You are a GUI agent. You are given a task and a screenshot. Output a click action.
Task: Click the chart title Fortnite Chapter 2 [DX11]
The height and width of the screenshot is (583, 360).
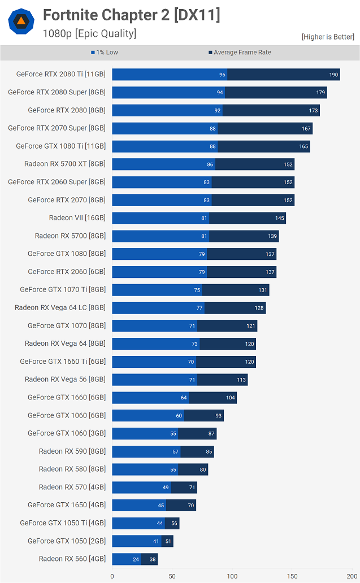point(131,16)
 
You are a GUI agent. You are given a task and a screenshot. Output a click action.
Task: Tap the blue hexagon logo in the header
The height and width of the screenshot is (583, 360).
point(21,22)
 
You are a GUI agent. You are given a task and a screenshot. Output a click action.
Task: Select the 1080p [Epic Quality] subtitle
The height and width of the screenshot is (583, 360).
point(89,33)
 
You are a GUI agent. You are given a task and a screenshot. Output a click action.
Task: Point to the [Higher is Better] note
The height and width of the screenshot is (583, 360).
point(328,37)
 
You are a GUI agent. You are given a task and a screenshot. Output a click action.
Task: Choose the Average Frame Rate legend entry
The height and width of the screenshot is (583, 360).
point(240,53)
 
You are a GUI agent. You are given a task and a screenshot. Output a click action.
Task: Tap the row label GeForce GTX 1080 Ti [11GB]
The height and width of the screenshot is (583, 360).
point(60,146)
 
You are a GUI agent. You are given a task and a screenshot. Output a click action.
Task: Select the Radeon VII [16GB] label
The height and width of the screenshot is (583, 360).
point(77,218)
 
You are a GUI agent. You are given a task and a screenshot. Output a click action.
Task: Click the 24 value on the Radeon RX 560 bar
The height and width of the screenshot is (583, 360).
point(136,559)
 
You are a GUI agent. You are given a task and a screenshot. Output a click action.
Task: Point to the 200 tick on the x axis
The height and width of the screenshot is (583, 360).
point(352,577)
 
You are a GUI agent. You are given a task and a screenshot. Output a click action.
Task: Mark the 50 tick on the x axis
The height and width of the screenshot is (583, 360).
point(172,577)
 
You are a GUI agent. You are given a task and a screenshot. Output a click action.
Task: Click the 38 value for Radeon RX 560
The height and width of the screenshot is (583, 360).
point(152,559)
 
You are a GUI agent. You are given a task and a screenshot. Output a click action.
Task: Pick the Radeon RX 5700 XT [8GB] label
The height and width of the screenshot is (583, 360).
point(64,164)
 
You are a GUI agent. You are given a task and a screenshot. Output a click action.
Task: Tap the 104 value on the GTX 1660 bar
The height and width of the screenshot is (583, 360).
point(231,398)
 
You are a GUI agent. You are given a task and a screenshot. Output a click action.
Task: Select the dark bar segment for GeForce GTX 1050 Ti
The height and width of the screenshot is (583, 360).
point(172,523)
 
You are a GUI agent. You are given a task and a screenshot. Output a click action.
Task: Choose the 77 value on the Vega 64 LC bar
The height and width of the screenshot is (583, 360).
point(199,308)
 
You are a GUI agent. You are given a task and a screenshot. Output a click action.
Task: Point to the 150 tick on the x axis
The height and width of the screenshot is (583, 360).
point(292,577)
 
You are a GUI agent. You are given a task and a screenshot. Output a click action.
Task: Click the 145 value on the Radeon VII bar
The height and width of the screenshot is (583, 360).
point(280,218)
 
